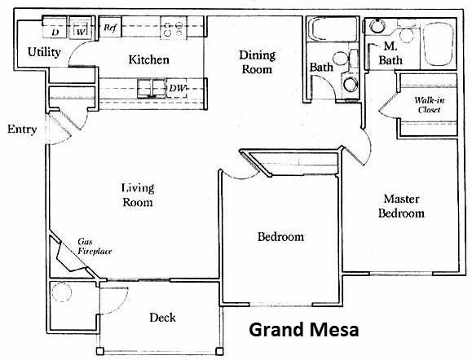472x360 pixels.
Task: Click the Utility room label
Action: point(44,52)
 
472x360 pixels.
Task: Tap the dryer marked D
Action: point(55,32)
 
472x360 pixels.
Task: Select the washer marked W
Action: point(82,32)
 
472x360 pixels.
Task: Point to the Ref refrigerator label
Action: point(110,28)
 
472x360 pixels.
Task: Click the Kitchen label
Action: point(149,59)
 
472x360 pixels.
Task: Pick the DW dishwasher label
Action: point(178,87)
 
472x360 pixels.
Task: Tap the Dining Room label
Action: point(257,62)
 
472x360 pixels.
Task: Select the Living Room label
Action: point(137,195)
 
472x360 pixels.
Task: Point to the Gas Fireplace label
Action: point(95,247)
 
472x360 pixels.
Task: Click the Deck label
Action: point(162,317)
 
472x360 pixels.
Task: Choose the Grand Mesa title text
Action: point(302,330)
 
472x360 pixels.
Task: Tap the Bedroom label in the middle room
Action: point(280,237)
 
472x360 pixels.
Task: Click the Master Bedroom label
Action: point(404,205)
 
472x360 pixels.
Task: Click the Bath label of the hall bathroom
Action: point(320,67)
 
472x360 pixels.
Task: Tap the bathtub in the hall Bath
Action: point(330,33)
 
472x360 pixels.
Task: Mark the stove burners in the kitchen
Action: point(173,30)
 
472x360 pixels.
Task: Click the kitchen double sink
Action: point(150,87)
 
